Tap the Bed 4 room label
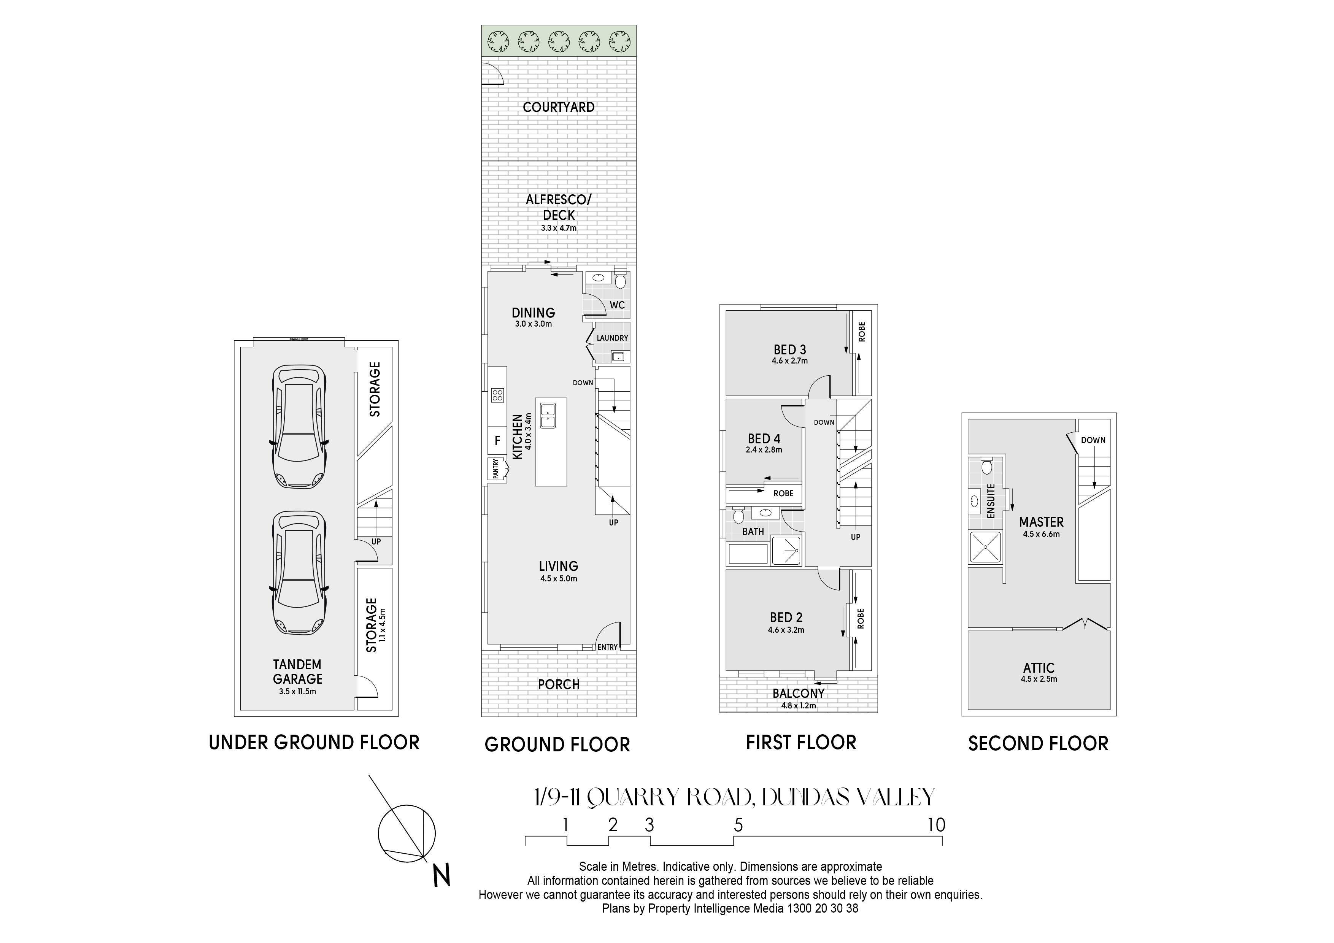[764, 439]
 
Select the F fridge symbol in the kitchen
[497, 440]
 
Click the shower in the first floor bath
[786, 551]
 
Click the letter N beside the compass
[442, 876]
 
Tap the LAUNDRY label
[612, 338]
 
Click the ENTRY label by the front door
[608, 647]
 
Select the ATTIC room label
[1039, 668]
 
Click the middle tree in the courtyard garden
[558, 41]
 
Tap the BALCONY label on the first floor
[798, 693]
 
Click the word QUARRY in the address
[633, 797]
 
